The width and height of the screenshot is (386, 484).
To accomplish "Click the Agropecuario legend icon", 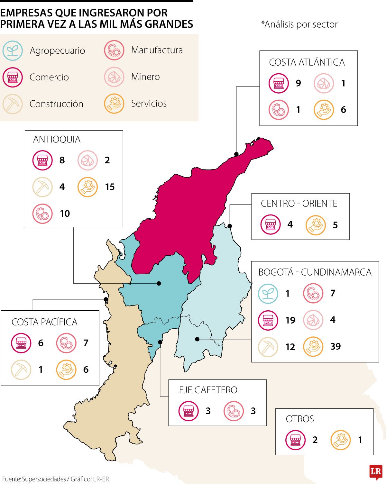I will point(13,50).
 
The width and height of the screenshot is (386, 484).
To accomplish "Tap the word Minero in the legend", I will point(145,77).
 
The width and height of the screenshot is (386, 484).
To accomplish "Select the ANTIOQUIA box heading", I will point(57,139).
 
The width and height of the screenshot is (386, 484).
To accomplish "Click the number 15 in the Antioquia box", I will point(110,187).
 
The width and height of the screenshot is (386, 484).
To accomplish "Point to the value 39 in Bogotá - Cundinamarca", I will point(335,346).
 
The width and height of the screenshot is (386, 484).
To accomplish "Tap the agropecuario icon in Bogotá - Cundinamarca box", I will point(268,293).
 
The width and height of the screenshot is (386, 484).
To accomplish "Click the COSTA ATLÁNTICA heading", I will point(307,62).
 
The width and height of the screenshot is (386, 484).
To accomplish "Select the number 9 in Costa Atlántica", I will point(298,83).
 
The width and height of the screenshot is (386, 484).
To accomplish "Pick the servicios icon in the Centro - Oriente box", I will point(315,225).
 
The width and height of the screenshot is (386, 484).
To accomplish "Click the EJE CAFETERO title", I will point(208,390).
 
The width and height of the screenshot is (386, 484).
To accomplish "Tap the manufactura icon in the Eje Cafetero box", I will point(234,411).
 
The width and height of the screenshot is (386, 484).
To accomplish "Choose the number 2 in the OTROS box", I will point(315,440).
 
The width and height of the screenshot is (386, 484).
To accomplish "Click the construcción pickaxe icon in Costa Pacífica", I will point(21,370).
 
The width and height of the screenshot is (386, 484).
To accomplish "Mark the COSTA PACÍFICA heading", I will point(44,322).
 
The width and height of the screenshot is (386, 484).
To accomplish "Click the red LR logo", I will point(376,472).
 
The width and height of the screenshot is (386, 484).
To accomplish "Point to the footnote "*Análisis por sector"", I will point(299,24).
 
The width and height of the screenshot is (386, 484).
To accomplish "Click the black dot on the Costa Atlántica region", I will point(236,154).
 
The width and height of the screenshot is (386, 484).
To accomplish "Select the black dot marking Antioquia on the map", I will point(159,283).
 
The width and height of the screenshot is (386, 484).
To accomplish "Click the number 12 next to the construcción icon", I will point(290,347).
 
